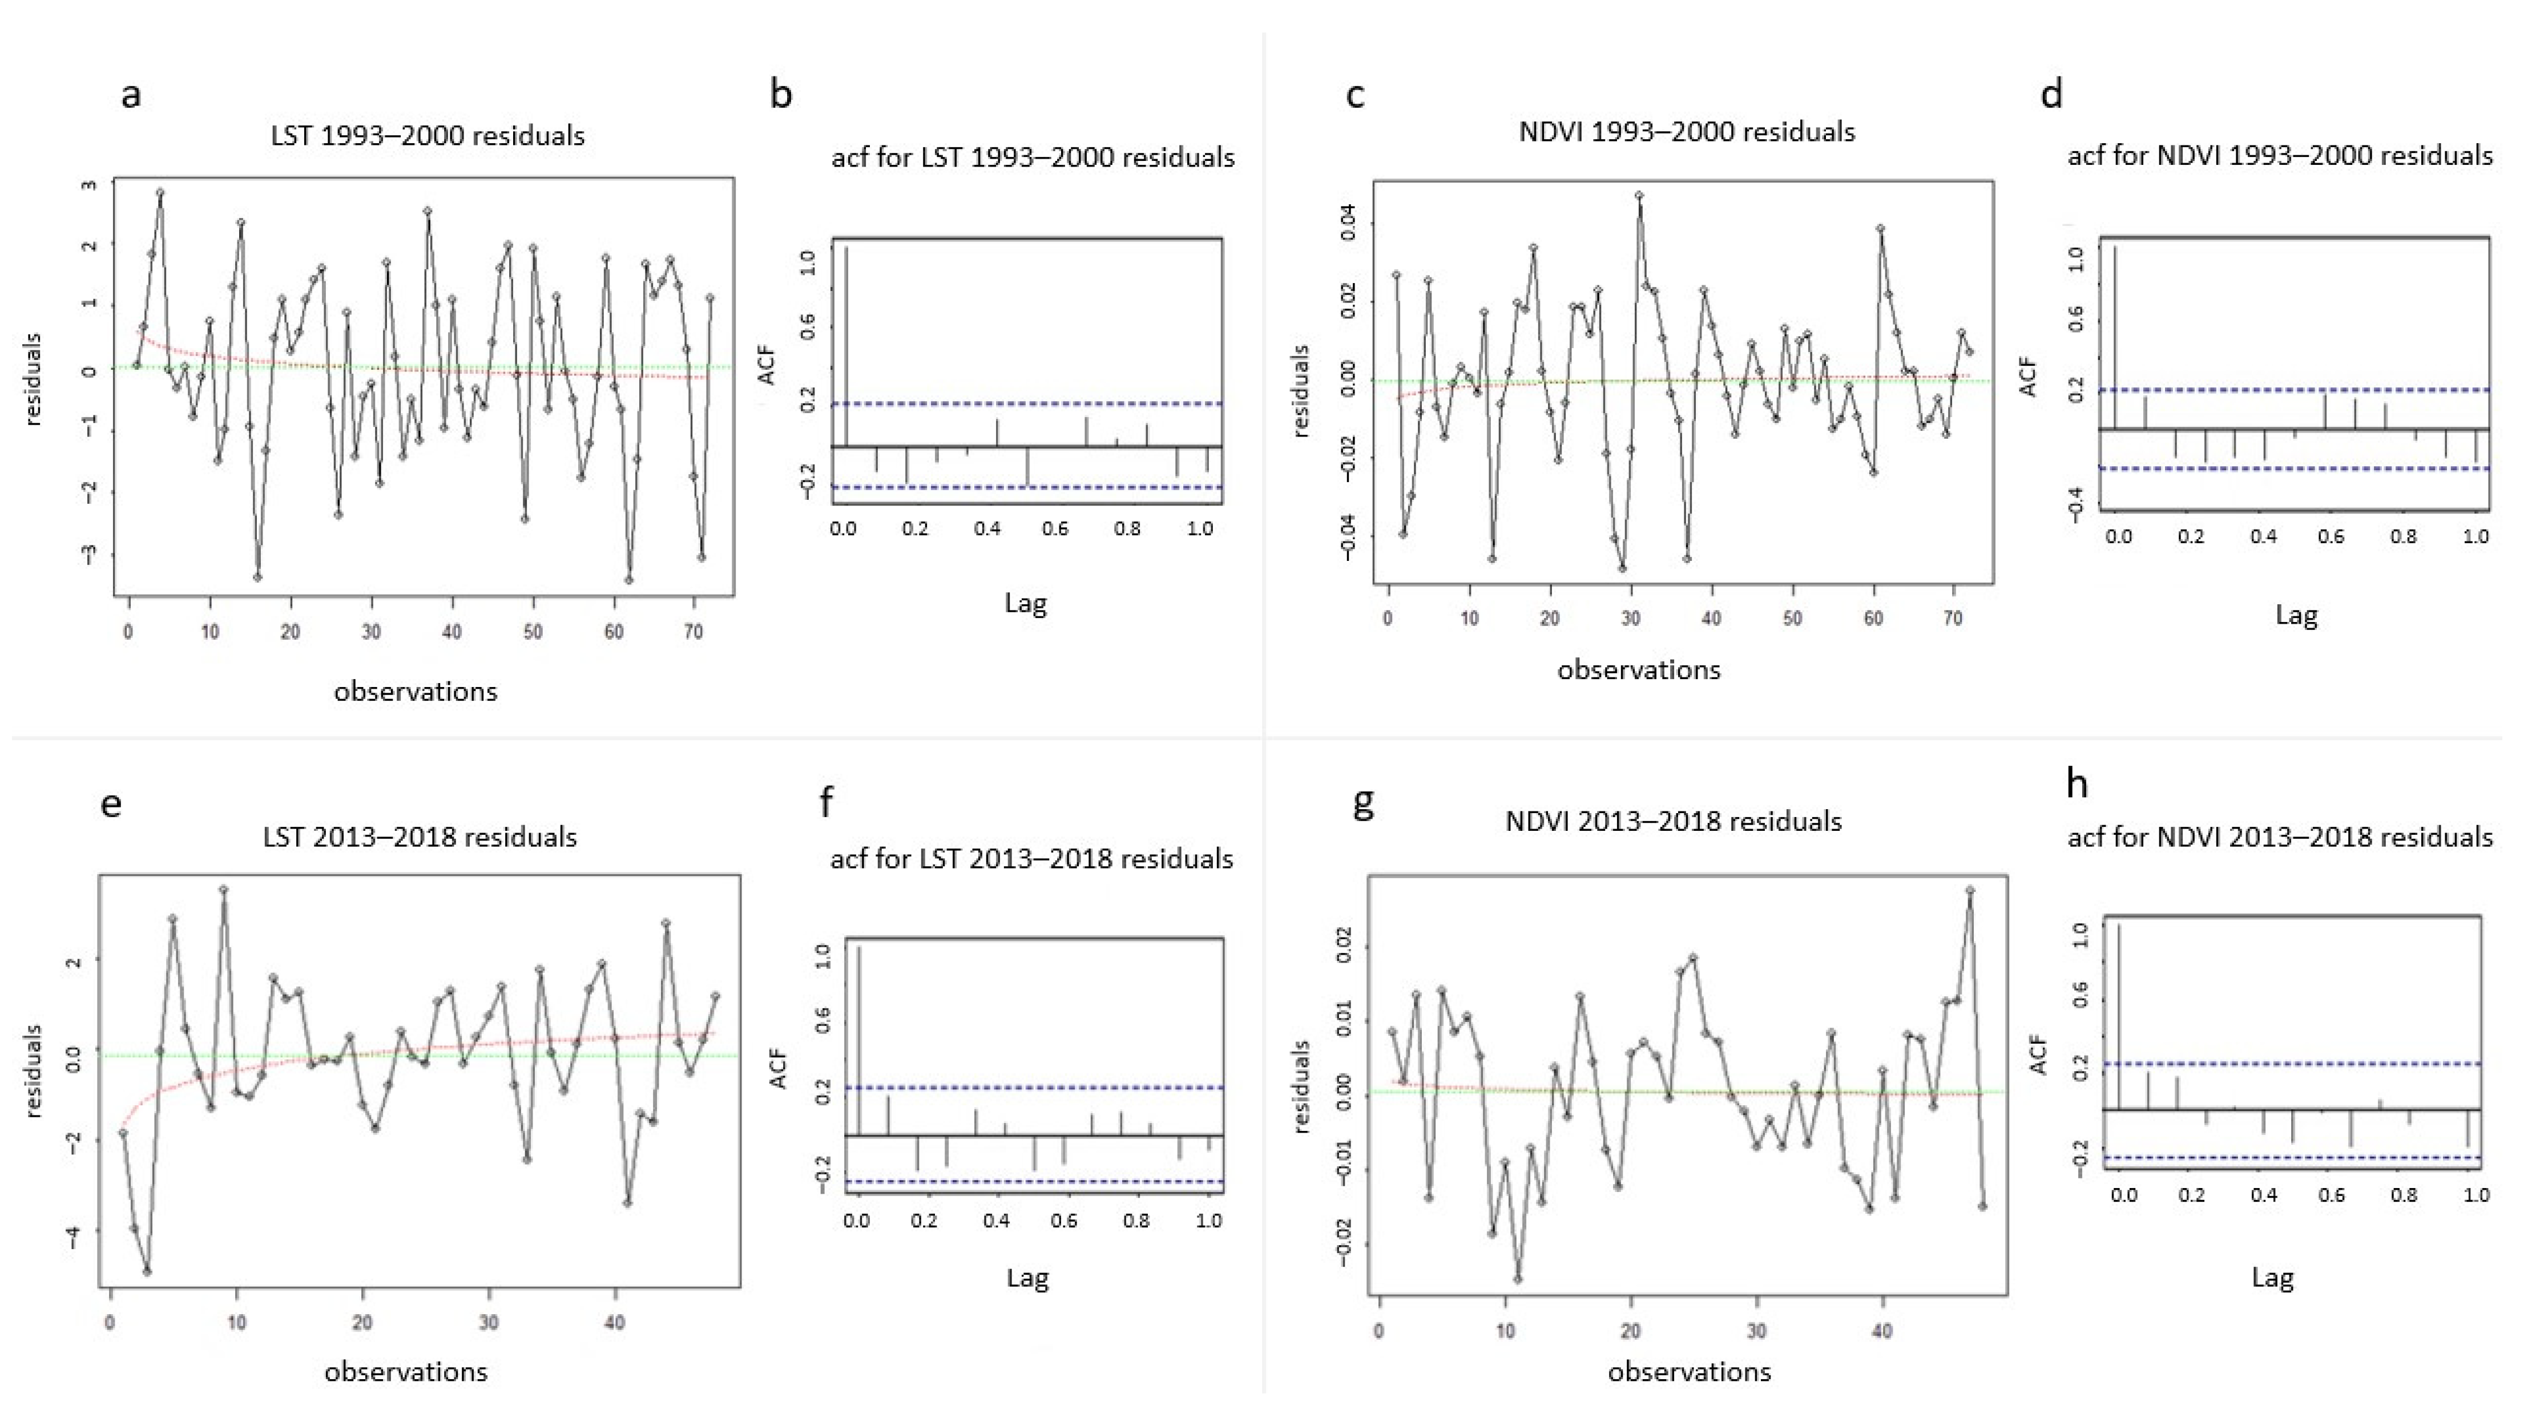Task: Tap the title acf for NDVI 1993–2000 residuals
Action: pyautogui.click(x=2279, y=156)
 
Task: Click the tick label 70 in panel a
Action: pyautogui.click(x=694, y=632)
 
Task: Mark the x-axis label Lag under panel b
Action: pyautogui.click(x=1025, y=603)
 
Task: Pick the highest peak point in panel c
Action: pyautogui.click(x=1639, y=196)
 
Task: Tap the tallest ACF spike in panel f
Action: pyautogui.click(x=859, y=1042)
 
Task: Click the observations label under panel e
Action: pyautogui.click(x=406, y=1372)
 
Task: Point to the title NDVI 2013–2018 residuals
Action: pyautogui.click(x=1673, y=822)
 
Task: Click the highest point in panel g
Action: pyautogui.click(x=1970, y=891)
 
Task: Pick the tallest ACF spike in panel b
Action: pyautogui.click(x=846, y=346)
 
